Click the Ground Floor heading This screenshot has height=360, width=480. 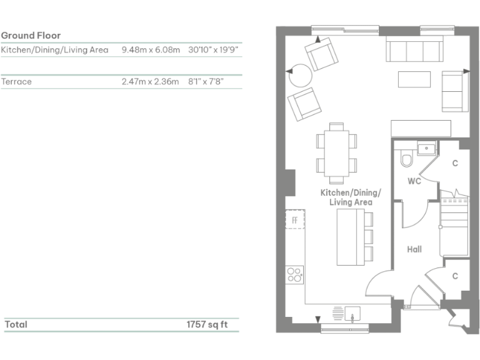coord(31,36)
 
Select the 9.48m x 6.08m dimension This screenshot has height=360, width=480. coord(151,49)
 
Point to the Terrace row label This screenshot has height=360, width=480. coord(16,81)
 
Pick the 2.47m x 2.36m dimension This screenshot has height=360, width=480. coord(150,81)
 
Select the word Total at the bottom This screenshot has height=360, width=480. coord(16,325)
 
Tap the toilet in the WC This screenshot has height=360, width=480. coord(407,160)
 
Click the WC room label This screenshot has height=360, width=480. coord(414,181)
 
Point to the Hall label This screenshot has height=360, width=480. coord(414,249)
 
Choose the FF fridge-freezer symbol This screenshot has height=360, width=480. coord(295,219)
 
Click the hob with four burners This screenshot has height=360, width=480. coord(294,274)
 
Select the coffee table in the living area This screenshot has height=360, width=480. coord(414,79)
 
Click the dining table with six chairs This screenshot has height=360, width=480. coord(336,150)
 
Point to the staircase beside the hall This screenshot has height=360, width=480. coord(454,222)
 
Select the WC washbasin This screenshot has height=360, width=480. coord(427,149)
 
